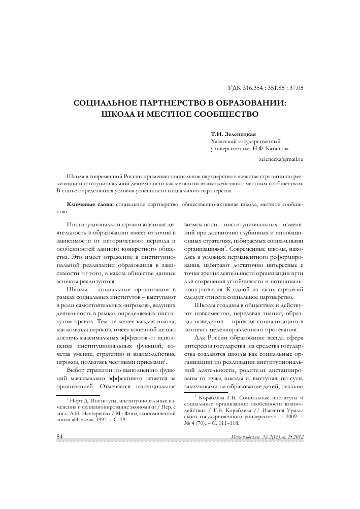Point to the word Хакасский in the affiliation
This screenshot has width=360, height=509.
pos(223,141)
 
